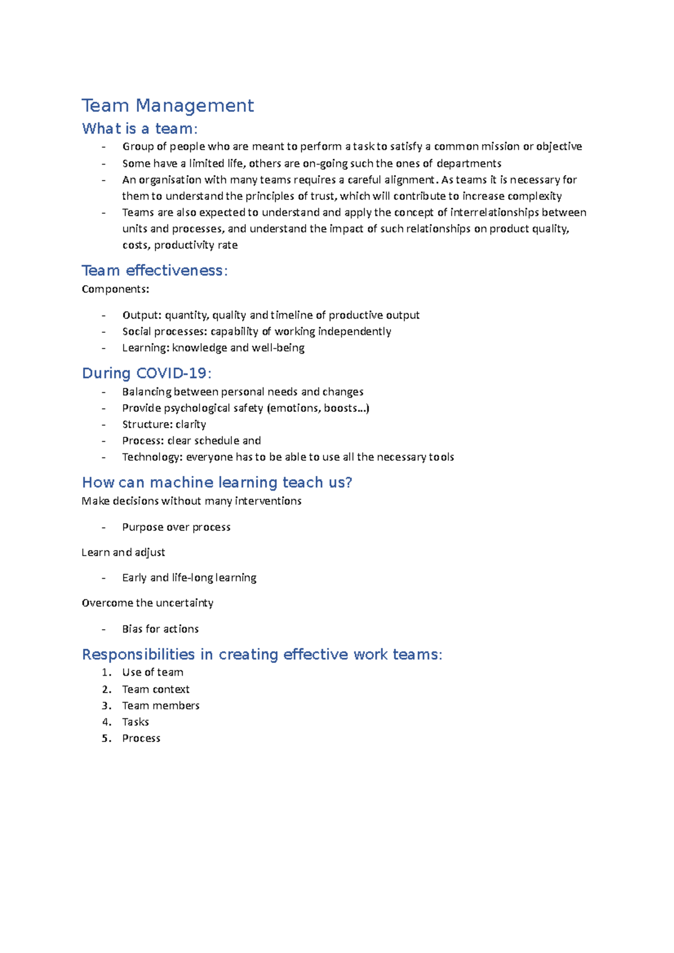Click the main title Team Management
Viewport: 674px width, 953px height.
167,106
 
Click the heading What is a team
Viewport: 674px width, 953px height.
139,129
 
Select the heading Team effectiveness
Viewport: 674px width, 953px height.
154,271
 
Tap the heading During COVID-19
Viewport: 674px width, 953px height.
147,373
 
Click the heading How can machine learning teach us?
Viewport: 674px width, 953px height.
217,483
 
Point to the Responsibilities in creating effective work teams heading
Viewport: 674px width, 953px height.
262,654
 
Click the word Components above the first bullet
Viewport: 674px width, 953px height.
115,289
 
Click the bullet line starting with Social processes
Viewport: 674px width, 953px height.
256,331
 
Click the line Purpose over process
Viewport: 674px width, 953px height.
176,527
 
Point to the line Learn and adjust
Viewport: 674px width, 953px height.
123,552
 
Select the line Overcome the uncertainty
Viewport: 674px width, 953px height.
147,603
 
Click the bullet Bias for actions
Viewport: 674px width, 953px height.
160,629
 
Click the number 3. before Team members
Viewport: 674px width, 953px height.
106,705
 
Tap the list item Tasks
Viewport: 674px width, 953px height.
135,722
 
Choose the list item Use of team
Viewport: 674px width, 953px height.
152,672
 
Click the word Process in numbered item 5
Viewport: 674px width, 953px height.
141,738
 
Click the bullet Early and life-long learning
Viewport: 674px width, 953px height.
189,578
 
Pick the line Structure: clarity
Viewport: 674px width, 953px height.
164,424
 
